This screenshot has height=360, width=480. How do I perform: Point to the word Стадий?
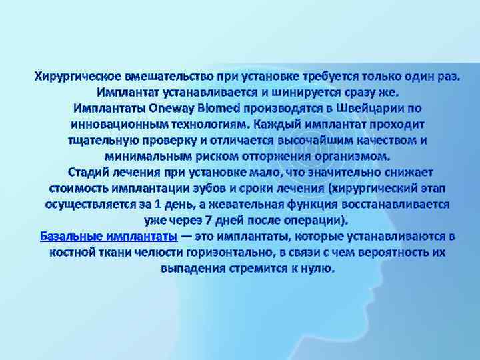point(93,172)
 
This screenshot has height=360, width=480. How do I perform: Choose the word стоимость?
point(81,188)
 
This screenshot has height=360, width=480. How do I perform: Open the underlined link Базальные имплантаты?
point(108,237)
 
